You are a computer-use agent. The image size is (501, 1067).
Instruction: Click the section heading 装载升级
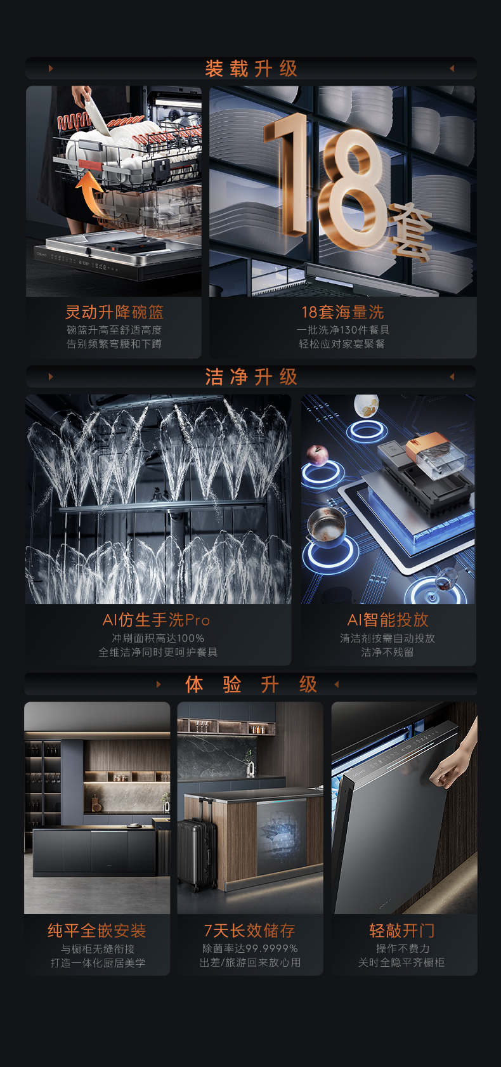tap(251, 69)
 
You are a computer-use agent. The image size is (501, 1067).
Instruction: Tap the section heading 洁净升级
tap(251, 377)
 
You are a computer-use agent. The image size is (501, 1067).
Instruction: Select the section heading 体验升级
tap(251, 684)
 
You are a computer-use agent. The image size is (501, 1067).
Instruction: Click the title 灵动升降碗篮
tap(114, 312)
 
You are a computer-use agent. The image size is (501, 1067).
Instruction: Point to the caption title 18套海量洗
tap(342, 312)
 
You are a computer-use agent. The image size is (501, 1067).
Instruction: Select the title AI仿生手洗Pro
tap(156, 620)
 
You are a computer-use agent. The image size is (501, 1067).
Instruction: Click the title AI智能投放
tap(388, 620)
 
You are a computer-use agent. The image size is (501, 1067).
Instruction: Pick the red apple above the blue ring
tap(317, 454)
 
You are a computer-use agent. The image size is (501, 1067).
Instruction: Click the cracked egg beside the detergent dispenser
tap(366, 405)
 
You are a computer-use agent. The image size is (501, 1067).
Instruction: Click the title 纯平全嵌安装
tap(97, 931)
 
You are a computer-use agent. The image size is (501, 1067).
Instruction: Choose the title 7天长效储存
tap(250, 931)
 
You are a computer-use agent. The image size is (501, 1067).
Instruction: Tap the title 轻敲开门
tap(402, 931)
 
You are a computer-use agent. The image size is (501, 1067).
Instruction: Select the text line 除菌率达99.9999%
tap(250, 948)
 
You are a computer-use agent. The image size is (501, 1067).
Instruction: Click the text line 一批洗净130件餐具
tap(342, 330)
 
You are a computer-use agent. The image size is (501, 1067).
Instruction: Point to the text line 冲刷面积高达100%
tap(158, 638)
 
